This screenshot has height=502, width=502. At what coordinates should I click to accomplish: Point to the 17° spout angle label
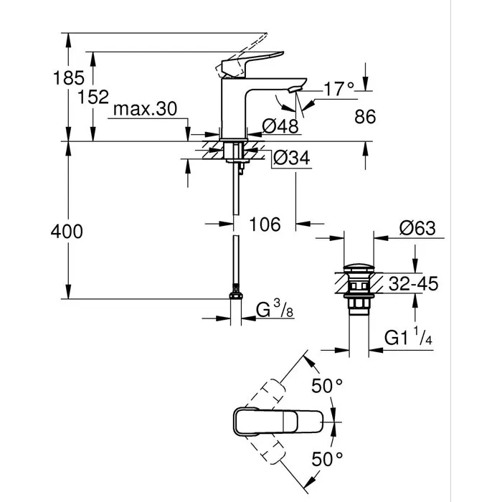339,90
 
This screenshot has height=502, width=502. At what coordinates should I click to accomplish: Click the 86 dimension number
364,117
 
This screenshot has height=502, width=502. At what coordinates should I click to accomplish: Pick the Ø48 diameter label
279,127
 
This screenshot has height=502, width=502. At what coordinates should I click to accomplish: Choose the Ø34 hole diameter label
292,158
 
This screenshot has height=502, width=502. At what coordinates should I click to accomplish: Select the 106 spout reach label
265,224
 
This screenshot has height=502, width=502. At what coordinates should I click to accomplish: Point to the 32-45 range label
414,284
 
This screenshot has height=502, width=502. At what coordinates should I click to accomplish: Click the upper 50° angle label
326,386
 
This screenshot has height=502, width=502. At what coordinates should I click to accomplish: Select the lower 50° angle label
326,457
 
